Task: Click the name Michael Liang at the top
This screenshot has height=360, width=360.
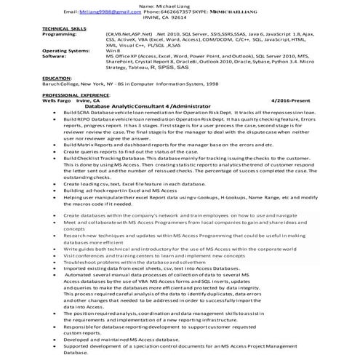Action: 180,6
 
